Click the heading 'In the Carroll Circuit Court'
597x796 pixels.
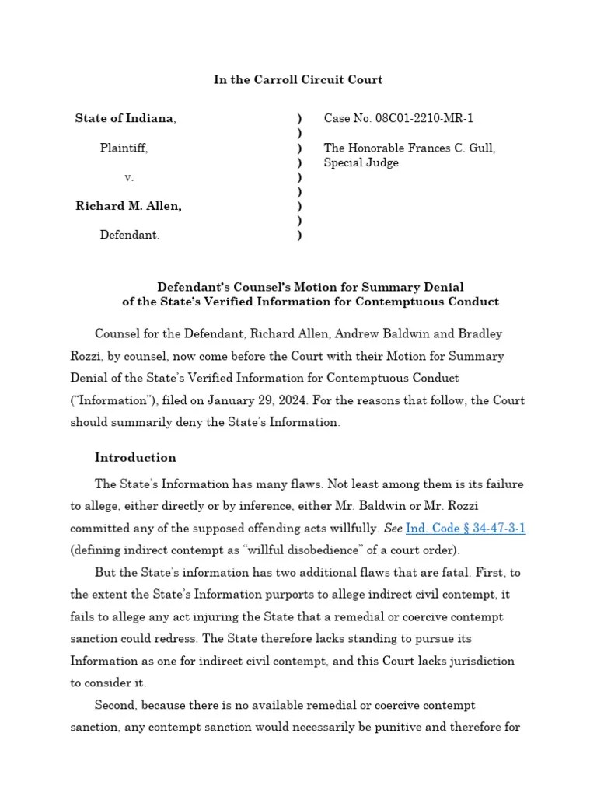298,80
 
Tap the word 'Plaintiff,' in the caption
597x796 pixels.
124,148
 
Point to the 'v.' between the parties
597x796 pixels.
129,177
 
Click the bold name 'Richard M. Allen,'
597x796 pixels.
129,206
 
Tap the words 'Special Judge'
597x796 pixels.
361,162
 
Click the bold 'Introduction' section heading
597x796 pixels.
135,457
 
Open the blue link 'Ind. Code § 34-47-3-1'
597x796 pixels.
466,528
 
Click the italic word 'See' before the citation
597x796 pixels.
393,528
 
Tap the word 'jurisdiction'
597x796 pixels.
480,661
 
